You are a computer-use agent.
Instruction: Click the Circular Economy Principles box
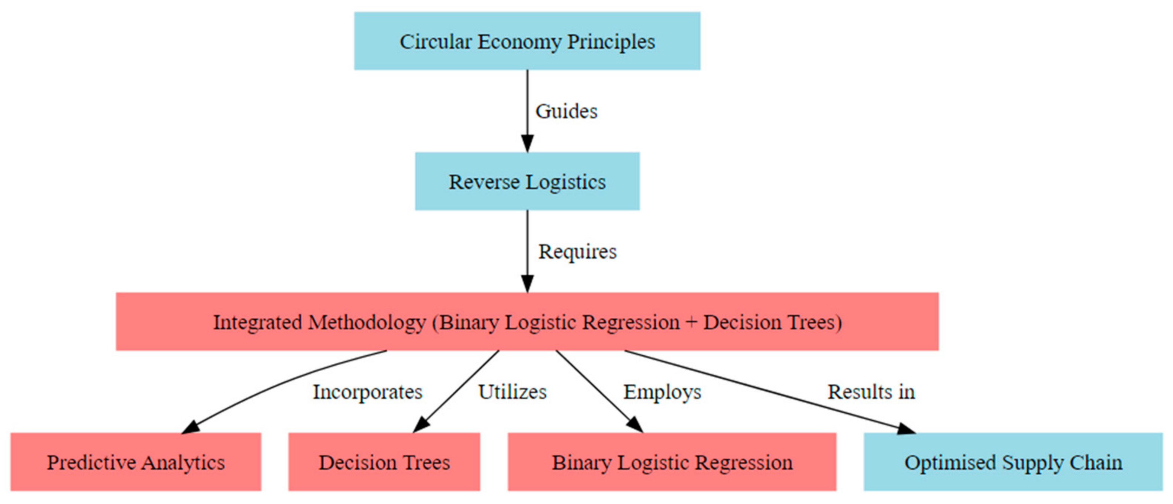tap(527, 41)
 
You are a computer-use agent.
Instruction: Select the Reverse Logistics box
tap(527, 181)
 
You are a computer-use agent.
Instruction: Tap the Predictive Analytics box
tap(136, 462)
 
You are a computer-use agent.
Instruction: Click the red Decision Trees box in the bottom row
tap(384, 462)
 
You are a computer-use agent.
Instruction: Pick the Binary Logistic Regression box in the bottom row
tap(672, 462)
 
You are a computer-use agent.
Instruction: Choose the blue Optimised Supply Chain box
tap(1013, 462)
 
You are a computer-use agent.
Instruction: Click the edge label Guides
tap(566, 111)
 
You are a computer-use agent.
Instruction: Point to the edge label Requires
tap(577, 251)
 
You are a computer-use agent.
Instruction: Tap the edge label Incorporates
tap(368, 391)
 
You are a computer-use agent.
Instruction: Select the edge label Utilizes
tap(512, 391)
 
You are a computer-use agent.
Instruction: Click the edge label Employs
tap(662, 391)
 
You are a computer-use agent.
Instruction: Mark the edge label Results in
tap(870, 391)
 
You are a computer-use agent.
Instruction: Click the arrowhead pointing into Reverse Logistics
tap(527, 144)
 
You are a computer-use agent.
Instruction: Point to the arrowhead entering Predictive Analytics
tap(190, 427)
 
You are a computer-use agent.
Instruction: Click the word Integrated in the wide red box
tap(257, 322)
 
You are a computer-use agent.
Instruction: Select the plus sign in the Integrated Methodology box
tap(691, 322)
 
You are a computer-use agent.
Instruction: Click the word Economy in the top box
tap(519, 41)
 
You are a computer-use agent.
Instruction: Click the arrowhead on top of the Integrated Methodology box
tap(527, 284)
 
